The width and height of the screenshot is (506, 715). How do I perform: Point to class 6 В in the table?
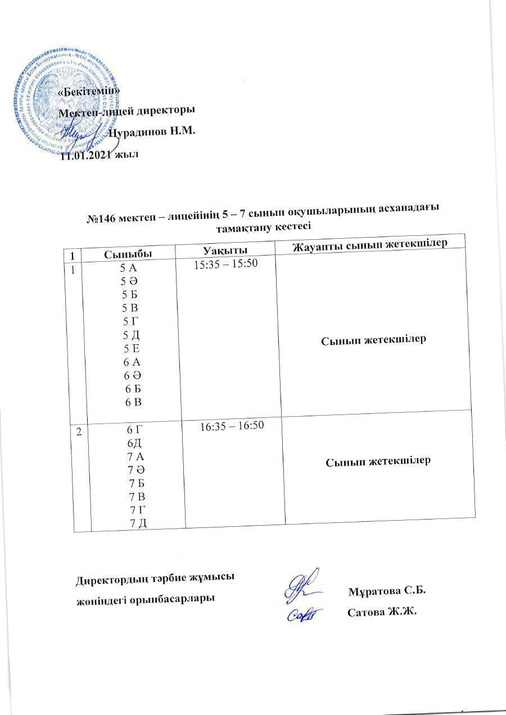133,402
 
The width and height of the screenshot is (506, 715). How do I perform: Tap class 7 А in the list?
135,456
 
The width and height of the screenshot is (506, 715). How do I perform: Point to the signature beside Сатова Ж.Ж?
306,613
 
